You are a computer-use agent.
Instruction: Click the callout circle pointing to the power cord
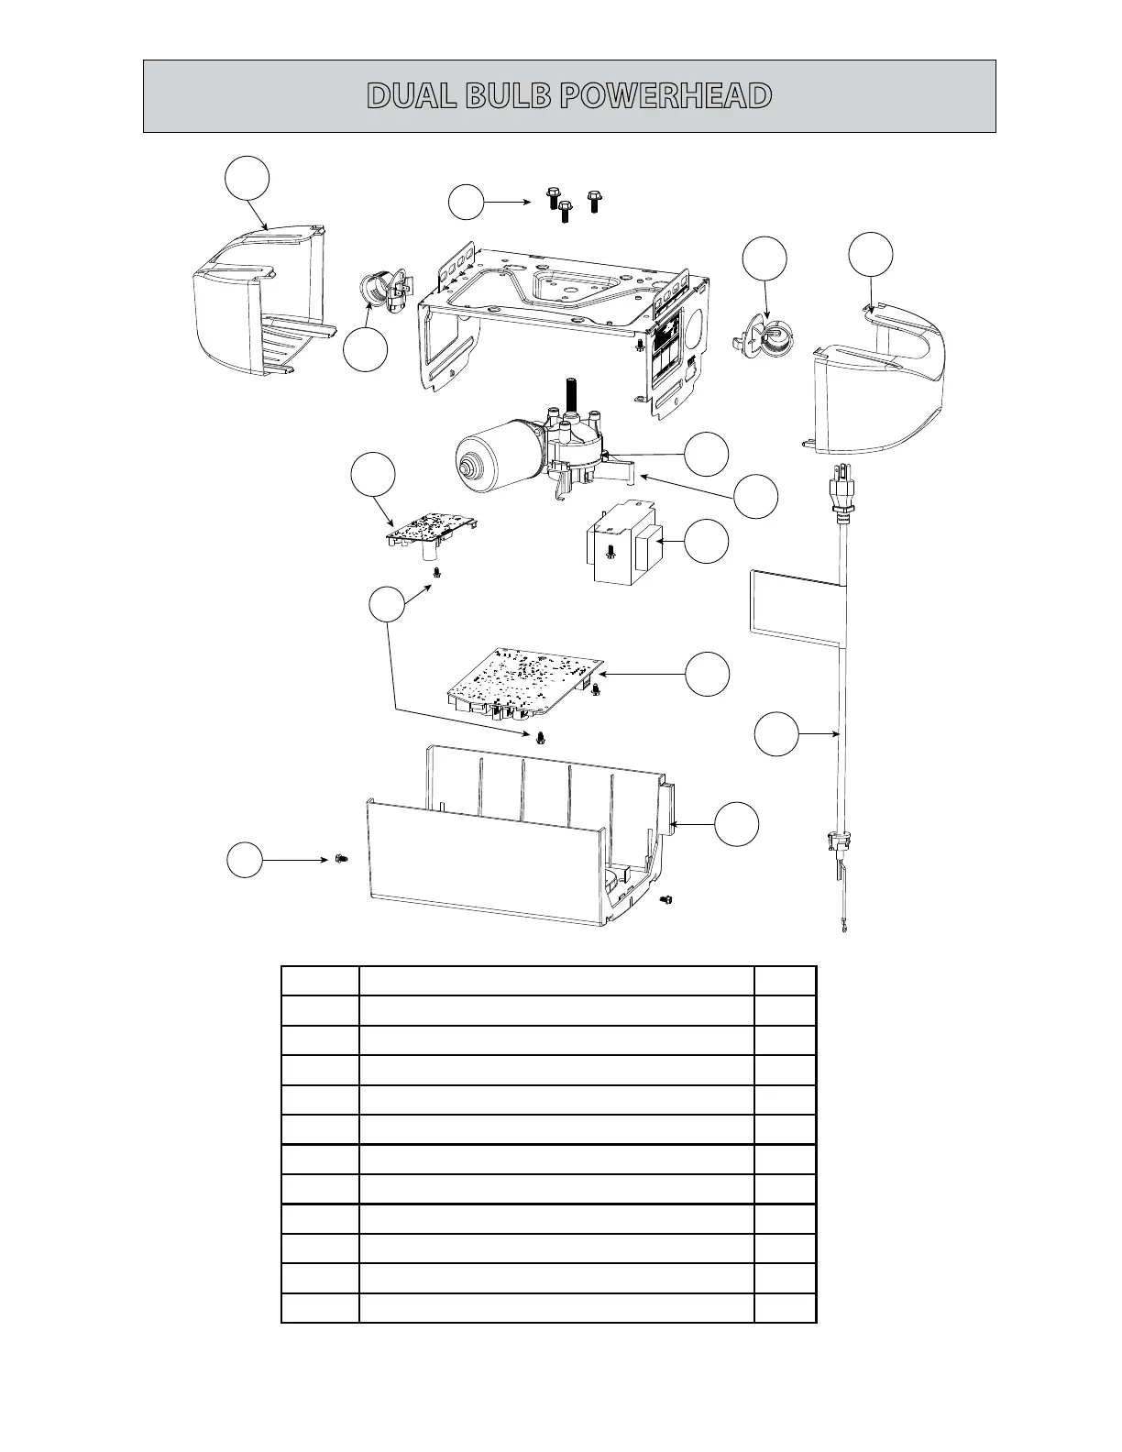click(x=775, y=735)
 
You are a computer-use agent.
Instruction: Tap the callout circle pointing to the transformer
click(x=708, y=542)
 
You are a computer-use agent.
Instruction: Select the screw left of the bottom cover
click(x=341, y=858)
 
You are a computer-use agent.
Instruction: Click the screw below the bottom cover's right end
click(x=666, y=902)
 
